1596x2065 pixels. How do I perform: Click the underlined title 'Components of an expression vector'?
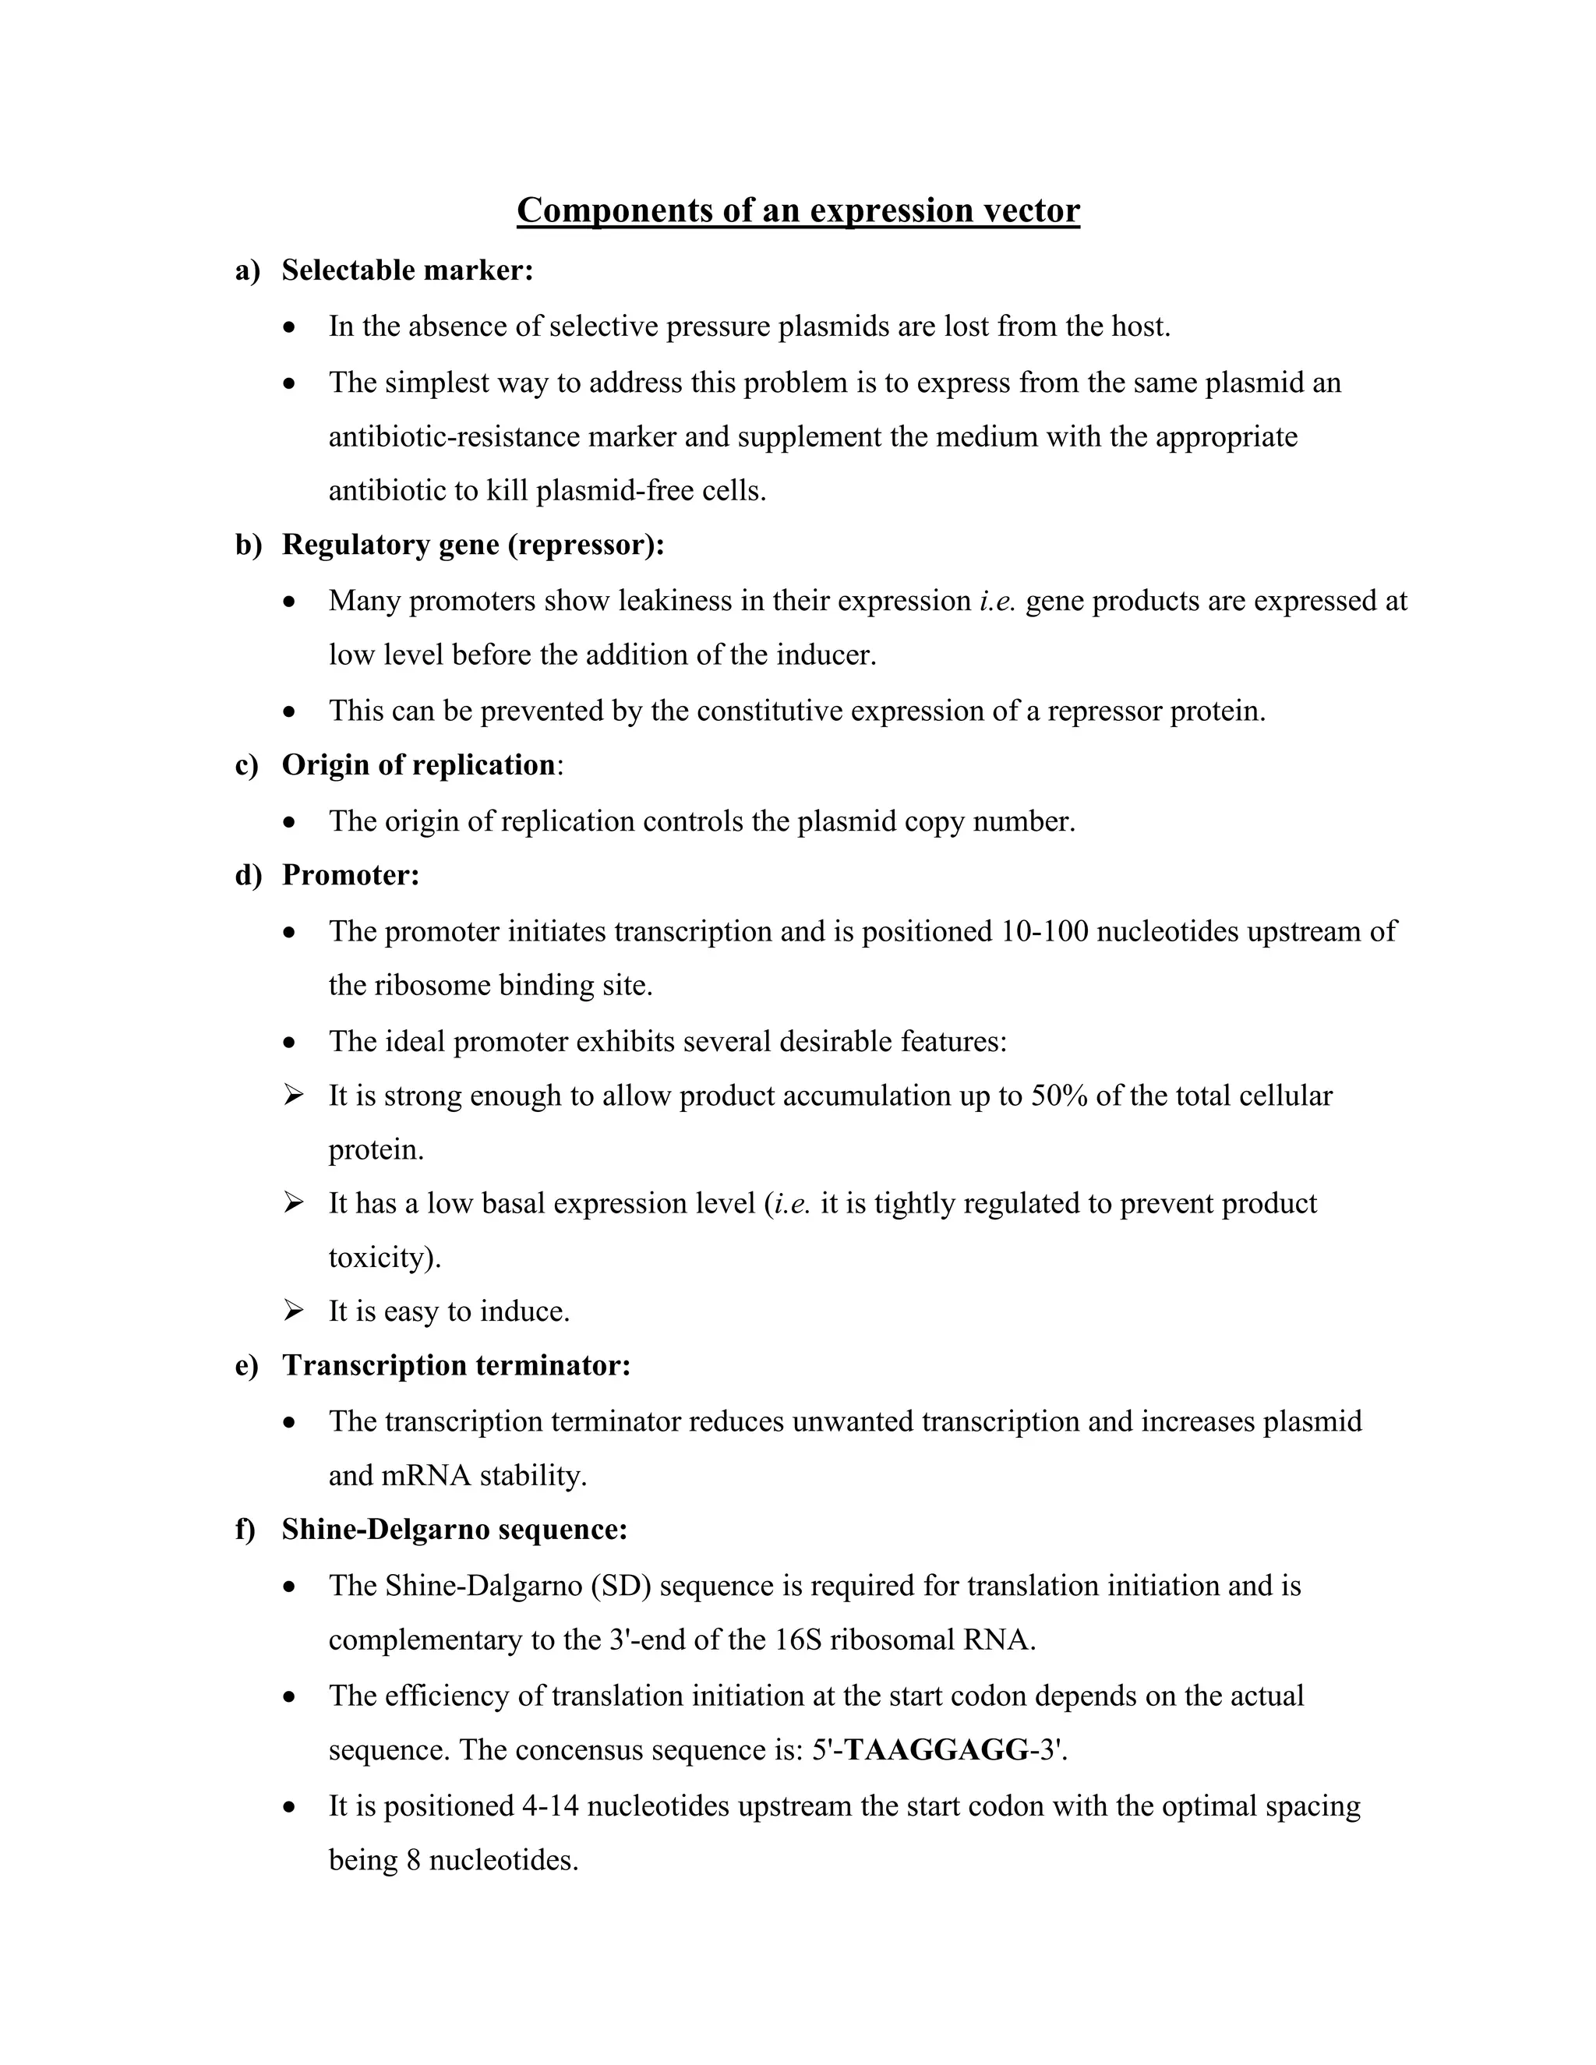tap(798, 210)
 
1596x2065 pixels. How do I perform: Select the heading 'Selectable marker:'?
tap(408, 270)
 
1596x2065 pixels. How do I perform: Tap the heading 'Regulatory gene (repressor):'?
tap(473, 545)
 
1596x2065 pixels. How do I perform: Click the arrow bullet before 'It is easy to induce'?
tap(293, 1311)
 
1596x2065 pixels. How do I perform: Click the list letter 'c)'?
tap(247, 765)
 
